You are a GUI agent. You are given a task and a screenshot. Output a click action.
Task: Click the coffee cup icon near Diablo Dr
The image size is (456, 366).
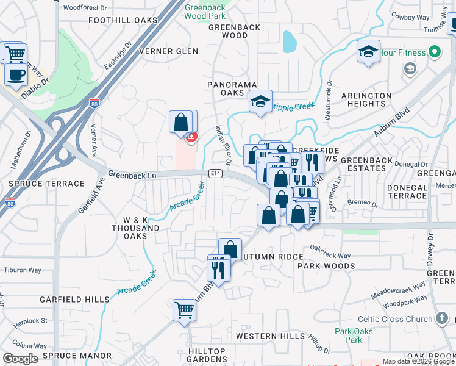[16, 75]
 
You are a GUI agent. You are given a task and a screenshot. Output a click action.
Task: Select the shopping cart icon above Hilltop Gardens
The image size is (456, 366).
[184, 310]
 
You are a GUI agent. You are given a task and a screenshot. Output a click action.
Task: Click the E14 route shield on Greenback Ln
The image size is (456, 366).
[215, 173]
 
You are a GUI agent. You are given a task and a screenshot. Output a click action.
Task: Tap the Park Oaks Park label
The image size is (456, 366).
[349, 335]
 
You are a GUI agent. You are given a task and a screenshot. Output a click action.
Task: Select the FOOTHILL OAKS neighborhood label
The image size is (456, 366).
[123, 20]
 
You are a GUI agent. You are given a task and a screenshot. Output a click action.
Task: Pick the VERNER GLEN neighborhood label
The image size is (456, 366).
[169, 51]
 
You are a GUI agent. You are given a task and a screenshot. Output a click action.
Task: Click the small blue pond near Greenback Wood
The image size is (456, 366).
[290, 43]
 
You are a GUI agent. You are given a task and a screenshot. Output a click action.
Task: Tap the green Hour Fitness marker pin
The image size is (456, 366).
[435, 52]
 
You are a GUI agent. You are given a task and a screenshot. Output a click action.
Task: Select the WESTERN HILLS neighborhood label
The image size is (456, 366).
[270, 336]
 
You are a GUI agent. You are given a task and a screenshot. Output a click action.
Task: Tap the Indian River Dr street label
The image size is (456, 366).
[223, 145]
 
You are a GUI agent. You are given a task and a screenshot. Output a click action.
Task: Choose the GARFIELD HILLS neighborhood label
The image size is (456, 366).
[74, 300]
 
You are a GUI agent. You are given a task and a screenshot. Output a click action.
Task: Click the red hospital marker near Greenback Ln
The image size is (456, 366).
[191, 137]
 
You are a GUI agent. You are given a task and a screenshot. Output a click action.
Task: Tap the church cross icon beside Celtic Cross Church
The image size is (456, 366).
[443, 319]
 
